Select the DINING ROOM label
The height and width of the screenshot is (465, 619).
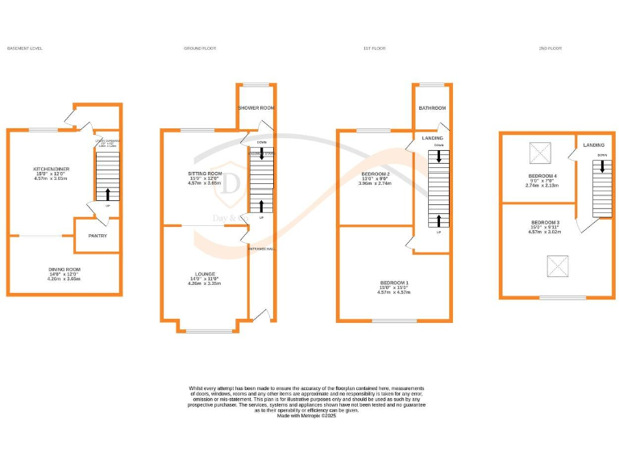[65, 269]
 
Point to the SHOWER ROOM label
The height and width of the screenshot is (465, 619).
[256, 107]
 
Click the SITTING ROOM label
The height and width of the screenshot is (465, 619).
[204, 173]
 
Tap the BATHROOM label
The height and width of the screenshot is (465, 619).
[431, 107]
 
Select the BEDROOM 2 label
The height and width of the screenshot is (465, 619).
[376, 174]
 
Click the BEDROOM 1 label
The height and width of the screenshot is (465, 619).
[394, 283]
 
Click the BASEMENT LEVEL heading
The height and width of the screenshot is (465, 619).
[24, 48]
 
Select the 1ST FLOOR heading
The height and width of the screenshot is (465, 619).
[375, 48]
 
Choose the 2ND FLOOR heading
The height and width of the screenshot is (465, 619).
[550, 48]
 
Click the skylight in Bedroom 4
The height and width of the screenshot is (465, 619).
[538, 152]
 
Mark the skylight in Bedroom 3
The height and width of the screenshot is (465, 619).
[556, 265]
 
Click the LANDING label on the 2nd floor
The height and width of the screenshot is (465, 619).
[595, 145]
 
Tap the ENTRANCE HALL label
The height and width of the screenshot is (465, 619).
[261, 248]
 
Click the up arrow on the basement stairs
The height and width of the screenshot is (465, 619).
[107, 194]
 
